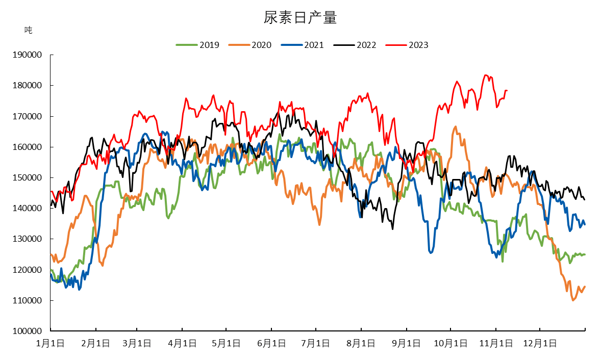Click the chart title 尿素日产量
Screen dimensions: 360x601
pos(300,18)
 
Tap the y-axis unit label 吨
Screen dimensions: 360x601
pos(28,30)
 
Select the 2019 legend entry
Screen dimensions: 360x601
pos(197,45)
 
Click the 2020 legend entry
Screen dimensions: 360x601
pos(250,45)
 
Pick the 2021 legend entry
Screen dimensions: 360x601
pos(303,45)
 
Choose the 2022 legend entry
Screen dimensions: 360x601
pos(355,45)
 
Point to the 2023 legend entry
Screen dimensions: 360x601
pos(408,45)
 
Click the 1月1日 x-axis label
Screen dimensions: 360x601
pos(50,343)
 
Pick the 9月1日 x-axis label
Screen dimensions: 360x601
pos(406,343)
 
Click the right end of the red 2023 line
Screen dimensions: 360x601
pos(507,91)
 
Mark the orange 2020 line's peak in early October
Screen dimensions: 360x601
pos(455,126)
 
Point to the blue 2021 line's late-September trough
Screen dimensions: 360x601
pos(431,252)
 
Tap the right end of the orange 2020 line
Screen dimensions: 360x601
pos(585,287)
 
